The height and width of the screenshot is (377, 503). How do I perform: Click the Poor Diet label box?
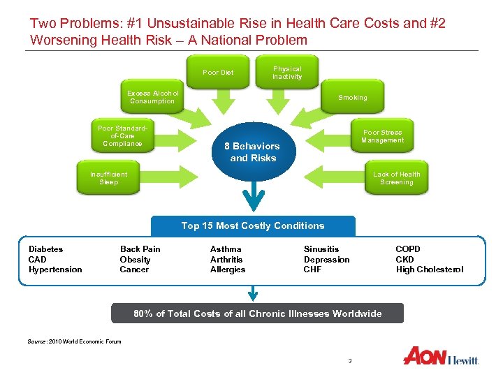pos(218,73)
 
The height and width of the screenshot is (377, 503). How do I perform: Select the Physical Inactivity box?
pos(287,73)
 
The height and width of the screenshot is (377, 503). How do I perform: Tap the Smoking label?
pos(352,98)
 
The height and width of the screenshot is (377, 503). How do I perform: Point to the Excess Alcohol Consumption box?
pos(152,98)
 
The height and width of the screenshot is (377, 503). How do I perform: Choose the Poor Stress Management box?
pos(382,136)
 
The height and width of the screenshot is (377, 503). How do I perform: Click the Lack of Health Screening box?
pos(396,178)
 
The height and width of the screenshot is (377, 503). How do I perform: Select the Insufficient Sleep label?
pos(109,178)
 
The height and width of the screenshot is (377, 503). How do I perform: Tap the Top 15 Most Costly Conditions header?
pos(253,226)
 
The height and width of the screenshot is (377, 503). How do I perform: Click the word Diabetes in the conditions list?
pos(45,249)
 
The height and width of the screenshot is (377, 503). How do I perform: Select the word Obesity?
pos(135,260)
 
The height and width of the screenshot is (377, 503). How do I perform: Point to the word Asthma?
pos(226,249)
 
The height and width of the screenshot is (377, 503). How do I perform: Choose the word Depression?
pos(326,260)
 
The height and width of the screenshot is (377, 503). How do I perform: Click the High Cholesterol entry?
pos(429,269)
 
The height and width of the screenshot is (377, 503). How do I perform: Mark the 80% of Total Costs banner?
pos(257,313)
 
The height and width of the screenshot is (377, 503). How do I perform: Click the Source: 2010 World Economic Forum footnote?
pos(75,341)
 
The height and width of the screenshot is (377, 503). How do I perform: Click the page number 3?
pos(349,360)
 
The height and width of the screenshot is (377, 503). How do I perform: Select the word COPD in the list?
pos(408,249)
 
